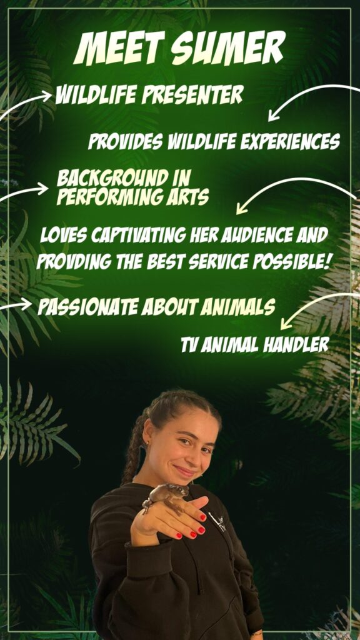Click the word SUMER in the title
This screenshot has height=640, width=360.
coord(228,47)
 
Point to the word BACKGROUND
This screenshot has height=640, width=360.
coord(112,178)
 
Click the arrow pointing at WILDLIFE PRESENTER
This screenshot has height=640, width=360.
coord(24,102)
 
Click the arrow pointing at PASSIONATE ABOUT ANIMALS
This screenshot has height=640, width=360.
coord(16,305)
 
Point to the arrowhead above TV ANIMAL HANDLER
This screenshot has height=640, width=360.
coord(286,324)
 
